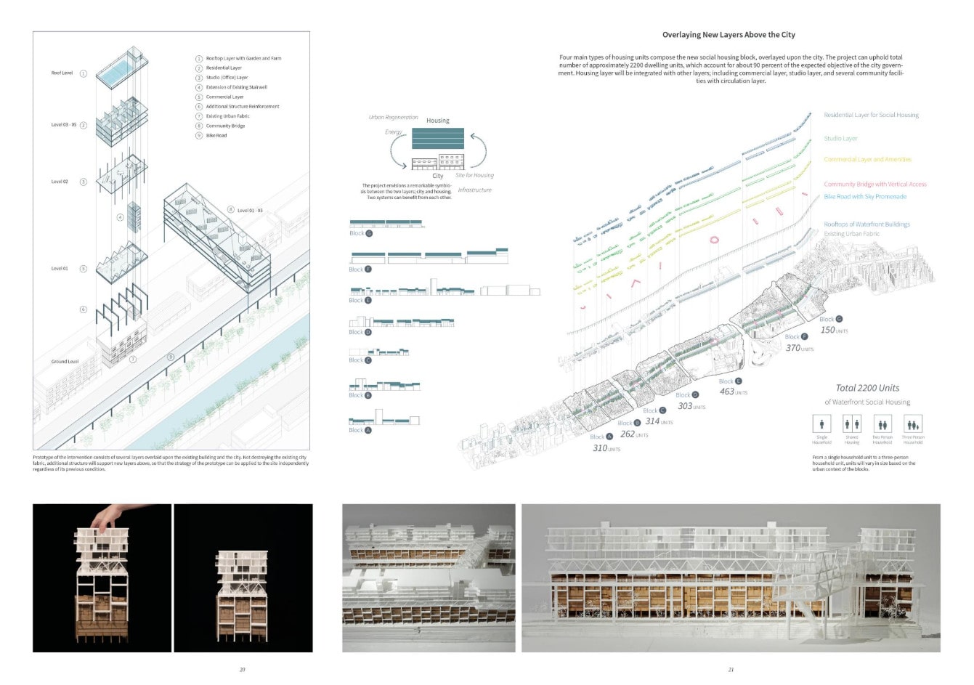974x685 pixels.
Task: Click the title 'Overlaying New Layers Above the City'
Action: point(729,35)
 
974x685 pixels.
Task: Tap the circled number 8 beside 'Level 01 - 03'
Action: point(230,210)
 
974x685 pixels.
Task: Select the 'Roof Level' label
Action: point(62,73)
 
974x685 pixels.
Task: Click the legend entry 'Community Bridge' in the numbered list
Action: point(225,126)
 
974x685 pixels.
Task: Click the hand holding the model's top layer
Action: point(107,516)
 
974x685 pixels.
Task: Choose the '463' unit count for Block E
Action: point(726,392)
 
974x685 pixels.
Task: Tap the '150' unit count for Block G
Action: point(827,330)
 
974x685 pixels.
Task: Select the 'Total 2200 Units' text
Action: point(867,388)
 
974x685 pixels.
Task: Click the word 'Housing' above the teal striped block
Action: point(437,121)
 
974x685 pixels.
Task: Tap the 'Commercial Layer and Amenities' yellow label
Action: point(867,160)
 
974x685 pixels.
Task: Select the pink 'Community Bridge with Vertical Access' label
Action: point(875,185)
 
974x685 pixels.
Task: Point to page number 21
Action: point(731,669)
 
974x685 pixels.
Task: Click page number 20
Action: point(243,669)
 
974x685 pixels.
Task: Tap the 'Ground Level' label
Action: point(65,361)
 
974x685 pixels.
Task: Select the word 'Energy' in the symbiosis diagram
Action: point(394,132)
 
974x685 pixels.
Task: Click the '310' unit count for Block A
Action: point(600,448)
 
